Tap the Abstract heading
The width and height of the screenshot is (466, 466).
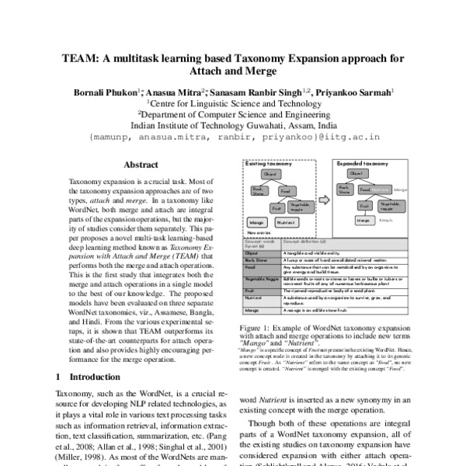tap(141, 165)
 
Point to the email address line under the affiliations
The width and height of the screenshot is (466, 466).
tap(233, 135)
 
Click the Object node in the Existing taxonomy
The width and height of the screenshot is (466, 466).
tap(271, 175)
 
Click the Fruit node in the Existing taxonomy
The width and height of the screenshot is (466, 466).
tap(276, 207)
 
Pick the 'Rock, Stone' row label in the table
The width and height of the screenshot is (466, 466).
tap(256, 259)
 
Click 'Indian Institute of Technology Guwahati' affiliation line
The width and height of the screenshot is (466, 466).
tap(233, 123)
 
